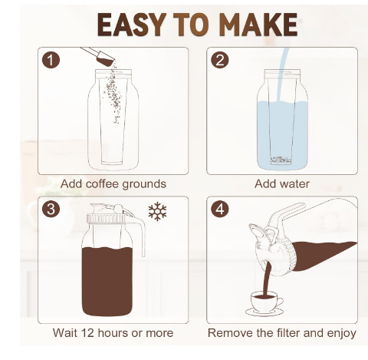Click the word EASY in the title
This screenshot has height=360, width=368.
(130, 25)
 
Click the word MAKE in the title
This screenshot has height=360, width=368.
(258, 25)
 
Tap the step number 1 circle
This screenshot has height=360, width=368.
(51, 60)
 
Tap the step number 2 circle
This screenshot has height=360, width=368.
(219, 60)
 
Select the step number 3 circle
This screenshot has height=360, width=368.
(51, 209)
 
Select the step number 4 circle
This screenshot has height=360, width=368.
(219, 209)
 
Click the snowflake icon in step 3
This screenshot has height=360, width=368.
(157, 211)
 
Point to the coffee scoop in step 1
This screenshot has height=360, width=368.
(100, 56)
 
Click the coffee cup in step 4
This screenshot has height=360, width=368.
(267, 302)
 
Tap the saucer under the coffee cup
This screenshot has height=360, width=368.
(264, 312)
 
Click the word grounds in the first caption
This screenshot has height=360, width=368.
(144, 184)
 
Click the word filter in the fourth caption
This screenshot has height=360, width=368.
(289, 333)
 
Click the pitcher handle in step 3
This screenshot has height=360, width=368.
(140, 230)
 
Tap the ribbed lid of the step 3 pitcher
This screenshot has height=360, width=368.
(107, 218)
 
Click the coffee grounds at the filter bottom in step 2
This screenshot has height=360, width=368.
(281, 160)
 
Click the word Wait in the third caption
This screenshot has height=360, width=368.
(64, 333)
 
